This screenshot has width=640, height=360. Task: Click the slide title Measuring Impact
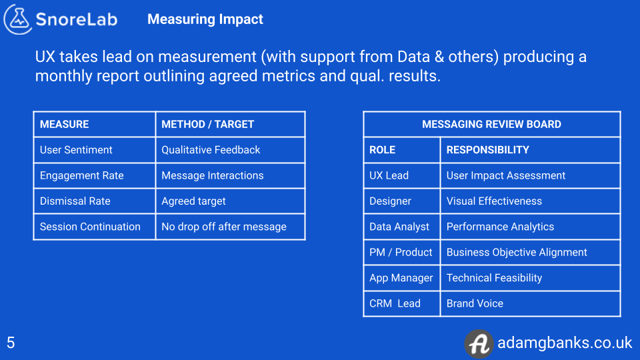tap(205, 19)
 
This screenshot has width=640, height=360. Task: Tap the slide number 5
tap(11, 343)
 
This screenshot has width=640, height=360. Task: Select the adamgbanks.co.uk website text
tap(564, 343)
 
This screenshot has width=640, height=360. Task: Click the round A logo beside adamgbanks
tap(478, 343)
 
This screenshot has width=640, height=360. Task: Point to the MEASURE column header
tap(64, 124)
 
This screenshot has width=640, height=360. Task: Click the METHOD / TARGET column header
tap(207, 124)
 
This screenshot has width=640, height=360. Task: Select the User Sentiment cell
tap(76, 150)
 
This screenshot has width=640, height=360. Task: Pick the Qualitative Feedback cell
tap(211, 150)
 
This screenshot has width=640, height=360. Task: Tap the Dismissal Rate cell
tap(75, 201)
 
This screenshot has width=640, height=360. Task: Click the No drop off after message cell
tap(223, 227)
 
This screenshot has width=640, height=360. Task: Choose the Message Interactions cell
tap(212, 175)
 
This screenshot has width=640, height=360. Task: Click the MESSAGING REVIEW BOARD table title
tap(491, 124)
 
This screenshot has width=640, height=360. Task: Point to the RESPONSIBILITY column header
tap(487, 150)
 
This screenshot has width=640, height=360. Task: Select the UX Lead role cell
tap(389, 175)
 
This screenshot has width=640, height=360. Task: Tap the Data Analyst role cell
tap(399, 227)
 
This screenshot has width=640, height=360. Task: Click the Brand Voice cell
tap(475, 303)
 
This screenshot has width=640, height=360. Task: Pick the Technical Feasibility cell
tap(494, 278)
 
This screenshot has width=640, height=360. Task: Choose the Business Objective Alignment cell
tap(517, 252)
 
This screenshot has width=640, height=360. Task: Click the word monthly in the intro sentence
tap(63, 76)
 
